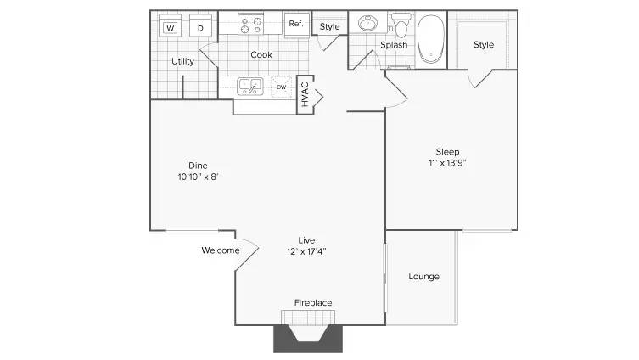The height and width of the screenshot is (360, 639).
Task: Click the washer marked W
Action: pos(171,28)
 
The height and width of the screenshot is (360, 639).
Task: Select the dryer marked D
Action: pos(200,28)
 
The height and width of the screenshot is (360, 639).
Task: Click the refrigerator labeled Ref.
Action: pos(296,24)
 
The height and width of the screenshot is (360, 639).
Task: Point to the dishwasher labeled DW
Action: pos(281,86)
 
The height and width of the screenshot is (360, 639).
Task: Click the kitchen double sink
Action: pos(249,85)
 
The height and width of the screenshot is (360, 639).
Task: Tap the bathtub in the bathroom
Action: pos(432,38)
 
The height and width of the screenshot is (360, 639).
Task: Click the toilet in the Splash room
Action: pos(401,27)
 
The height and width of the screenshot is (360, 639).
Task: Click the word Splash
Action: pos(393,45)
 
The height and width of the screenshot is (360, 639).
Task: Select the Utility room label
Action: pos(182,61)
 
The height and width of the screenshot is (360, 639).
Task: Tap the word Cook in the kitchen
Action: pos(261,55)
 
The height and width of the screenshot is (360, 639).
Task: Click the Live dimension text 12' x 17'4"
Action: pos(306,250)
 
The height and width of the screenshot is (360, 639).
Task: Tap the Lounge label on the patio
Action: pos(423,277)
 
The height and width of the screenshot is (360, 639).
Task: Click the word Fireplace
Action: pos(312,303)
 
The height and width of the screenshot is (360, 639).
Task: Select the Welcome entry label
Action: pos(220,250)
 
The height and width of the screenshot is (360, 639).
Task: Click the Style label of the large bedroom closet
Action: pos(483,44)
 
